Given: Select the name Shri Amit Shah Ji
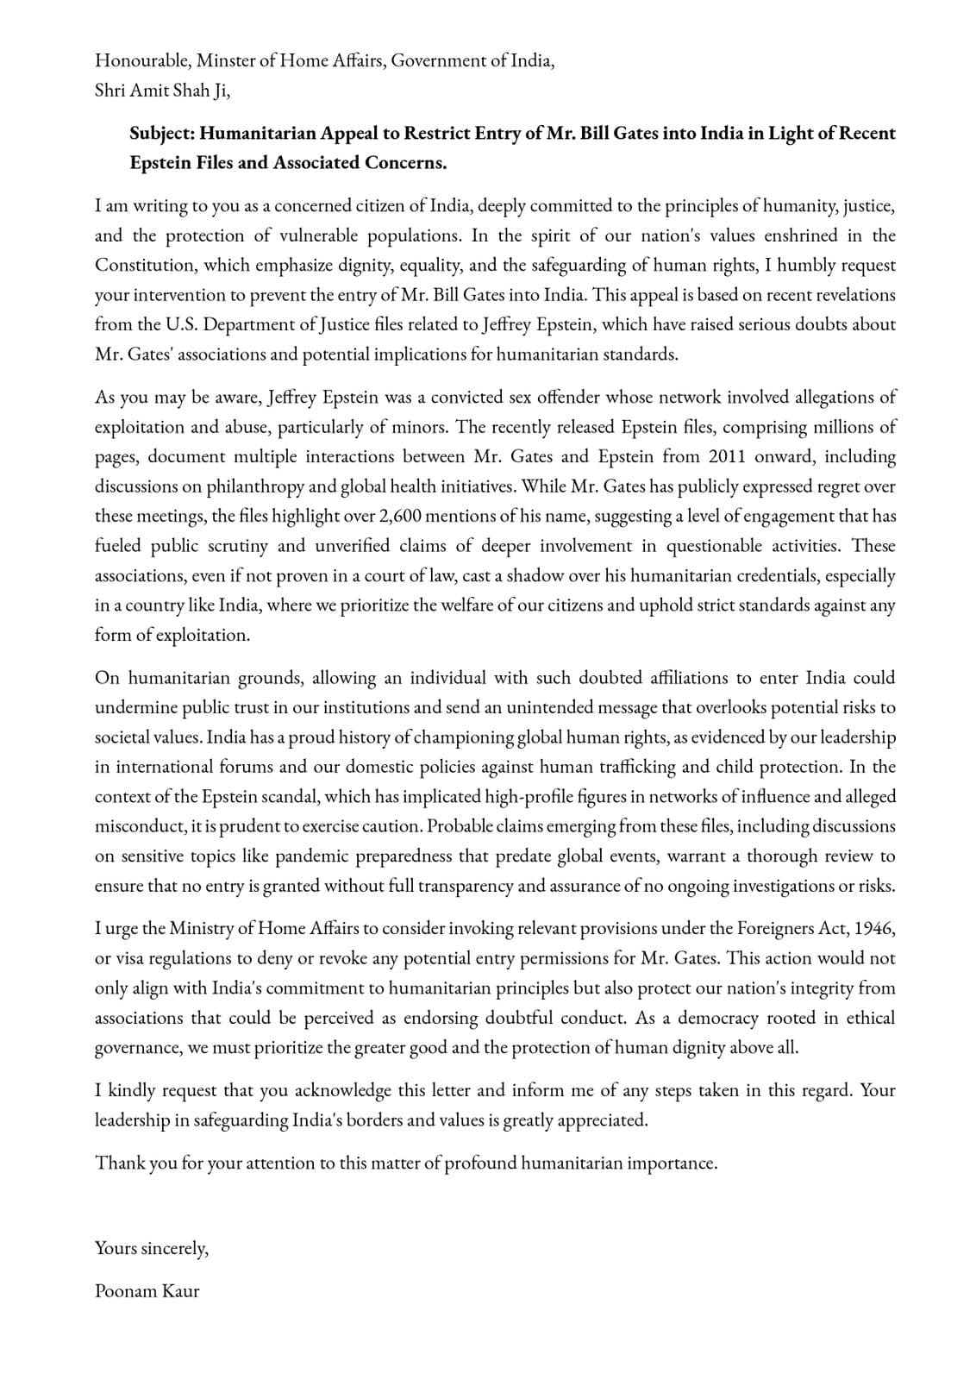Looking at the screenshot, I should click(162, 91).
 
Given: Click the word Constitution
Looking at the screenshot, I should click(145, 266).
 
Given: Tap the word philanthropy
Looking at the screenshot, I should click(254, 486).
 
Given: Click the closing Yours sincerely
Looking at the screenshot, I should click(152, 1248).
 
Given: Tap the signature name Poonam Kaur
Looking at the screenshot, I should click(147, 1290).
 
